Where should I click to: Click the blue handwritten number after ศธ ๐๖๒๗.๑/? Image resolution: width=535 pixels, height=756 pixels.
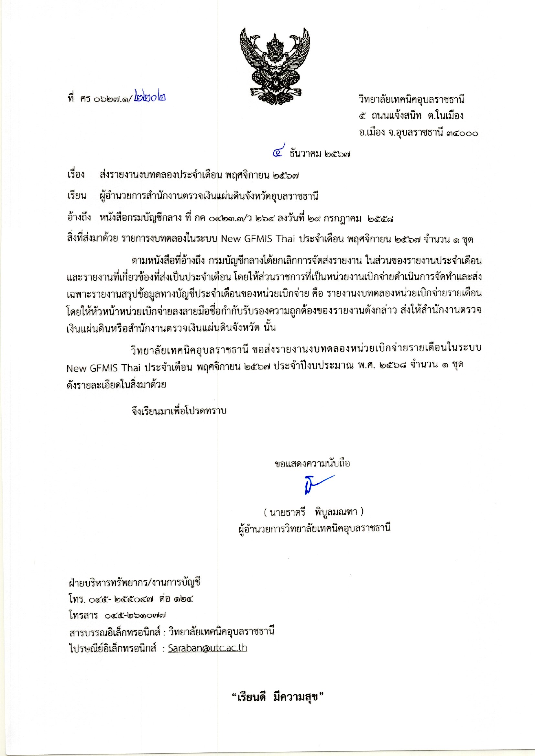click(150, 98)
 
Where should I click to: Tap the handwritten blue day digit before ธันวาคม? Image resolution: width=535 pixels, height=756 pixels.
click(279, 152)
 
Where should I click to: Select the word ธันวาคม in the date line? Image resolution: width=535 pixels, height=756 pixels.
click(305, 154)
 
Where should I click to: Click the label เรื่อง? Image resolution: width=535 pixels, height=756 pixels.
click(76, 175)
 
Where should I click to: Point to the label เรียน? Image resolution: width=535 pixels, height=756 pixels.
click(77, 196)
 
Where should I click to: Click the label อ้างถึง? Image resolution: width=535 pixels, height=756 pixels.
click(79, 217)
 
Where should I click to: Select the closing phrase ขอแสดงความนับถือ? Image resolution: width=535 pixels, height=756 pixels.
click(312, 464)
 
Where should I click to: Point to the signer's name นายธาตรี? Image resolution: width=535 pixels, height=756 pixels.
click(287, 512)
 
